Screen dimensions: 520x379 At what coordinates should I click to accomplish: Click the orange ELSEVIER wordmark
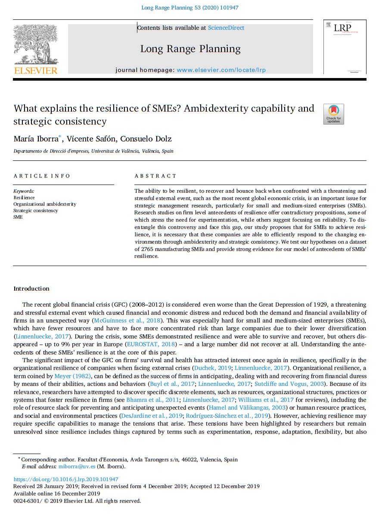coord(36,70)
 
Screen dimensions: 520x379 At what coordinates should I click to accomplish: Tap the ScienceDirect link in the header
coord(226,28)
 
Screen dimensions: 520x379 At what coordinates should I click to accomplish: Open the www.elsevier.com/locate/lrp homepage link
coord(221,70)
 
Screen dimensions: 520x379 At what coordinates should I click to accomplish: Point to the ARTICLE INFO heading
coord(42,176)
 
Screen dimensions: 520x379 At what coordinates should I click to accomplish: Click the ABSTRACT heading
coord(155,176)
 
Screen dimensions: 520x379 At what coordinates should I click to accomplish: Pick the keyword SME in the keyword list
coord(18,217)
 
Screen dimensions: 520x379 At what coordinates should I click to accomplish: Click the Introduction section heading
coord(31,288)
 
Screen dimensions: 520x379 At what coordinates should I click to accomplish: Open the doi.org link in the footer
coord(66,479)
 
